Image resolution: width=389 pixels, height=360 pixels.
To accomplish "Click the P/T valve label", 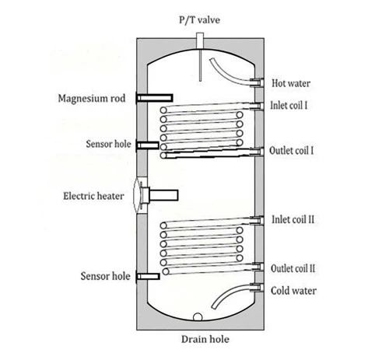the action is (199, 20).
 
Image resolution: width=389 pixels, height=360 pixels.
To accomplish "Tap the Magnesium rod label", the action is (92, 99).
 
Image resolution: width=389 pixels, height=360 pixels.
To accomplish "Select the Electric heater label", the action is (93, 196).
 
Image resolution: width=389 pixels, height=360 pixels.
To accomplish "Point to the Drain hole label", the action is (205, 339).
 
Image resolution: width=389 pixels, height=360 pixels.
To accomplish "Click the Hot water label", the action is (291, 83).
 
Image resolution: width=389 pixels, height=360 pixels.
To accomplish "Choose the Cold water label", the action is (293, 291).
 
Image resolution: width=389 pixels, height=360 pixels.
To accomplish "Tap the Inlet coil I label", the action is (289, 106).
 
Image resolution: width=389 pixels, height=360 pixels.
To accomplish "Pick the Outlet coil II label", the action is (293, 268).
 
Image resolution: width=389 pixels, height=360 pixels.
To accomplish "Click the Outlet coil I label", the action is (291, 151).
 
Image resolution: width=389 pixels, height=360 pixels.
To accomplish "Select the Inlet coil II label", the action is (293, 219).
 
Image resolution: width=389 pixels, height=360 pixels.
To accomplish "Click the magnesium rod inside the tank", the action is (155, 98).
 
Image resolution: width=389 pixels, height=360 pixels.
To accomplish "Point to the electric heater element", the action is (159, 195).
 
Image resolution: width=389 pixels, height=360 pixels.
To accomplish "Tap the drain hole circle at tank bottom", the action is (198, 317).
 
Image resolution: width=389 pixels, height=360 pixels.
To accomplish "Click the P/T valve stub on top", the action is (200, 40).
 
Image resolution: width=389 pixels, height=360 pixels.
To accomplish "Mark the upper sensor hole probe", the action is (148, 145).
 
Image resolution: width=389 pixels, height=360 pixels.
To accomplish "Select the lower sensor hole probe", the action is (148, 277).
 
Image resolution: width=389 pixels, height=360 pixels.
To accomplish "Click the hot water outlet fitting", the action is (257, 82).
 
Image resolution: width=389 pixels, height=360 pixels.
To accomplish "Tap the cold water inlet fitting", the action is (257, 288).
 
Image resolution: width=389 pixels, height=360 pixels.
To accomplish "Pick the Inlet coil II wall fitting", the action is (257, 220).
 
